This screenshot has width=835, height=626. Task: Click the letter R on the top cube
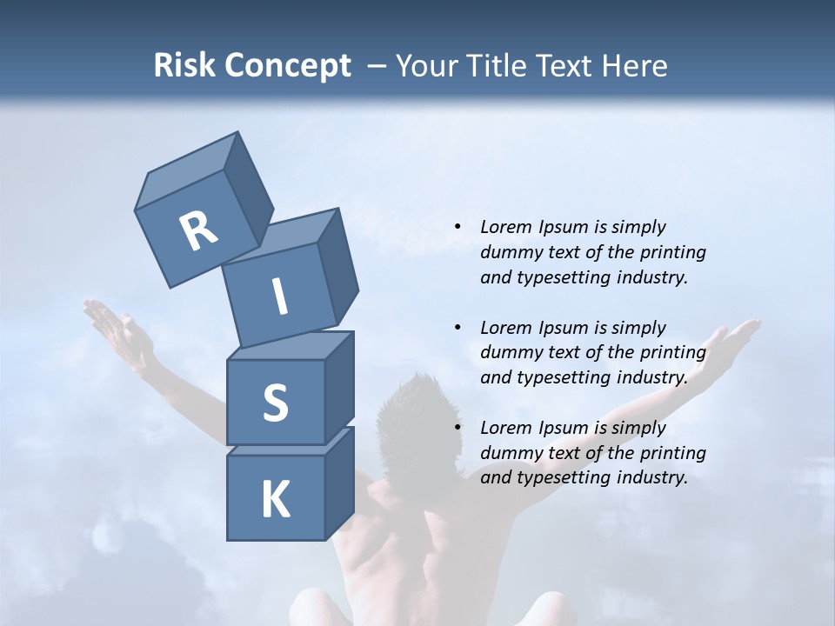tap(198, 230)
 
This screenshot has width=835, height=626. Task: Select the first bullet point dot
tap(458, 227)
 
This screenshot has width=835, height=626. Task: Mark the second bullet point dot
tap(458, 328)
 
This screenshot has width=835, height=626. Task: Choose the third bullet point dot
tap(458, 428)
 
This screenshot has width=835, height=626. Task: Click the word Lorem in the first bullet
tap(505, 227)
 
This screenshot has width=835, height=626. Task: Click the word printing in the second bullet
tap(672, 352)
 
